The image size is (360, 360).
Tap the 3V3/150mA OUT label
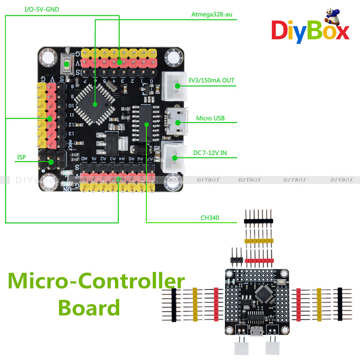211,80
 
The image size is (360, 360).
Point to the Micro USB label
210,118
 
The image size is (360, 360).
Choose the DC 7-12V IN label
210,153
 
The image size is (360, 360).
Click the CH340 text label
210,217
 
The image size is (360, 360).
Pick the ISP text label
22,157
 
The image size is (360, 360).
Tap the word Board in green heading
89,308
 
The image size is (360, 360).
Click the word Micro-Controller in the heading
96,281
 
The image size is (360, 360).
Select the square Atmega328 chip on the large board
95,104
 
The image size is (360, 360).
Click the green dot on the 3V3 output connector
177,86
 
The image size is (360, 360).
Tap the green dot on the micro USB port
177,122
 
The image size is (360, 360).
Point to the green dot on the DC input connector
175,157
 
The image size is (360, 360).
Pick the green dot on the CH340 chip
147,124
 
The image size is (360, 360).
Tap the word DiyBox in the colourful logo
310,32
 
